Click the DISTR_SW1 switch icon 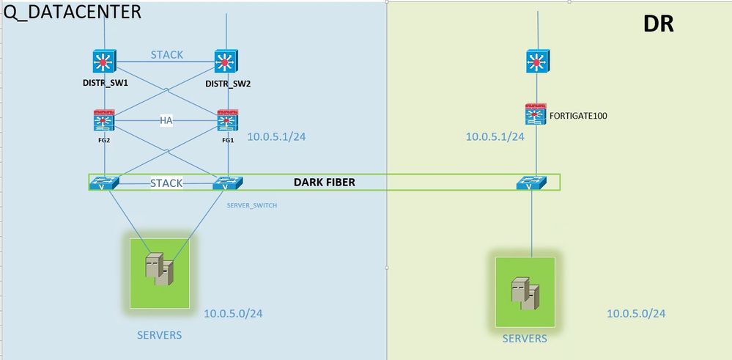point(106,62)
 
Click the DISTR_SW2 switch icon point(226,62)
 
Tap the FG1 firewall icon point(226,121)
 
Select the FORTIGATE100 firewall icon point(536,114)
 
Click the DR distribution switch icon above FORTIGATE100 point(538,61)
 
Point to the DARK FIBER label point(325,182)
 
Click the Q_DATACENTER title point(71,12)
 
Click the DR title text point(658,23)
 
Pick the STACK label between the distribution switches point(167,54)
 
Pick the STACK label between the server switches point(166,183)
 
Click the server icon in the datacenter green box point(159,269)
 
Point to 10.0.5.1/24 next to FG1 point(276,136)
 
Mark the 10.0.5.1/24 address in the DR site point(495,136)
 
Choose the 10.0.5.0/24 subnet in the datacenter point(233,314)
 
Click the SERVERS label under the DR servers point(525,338)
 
